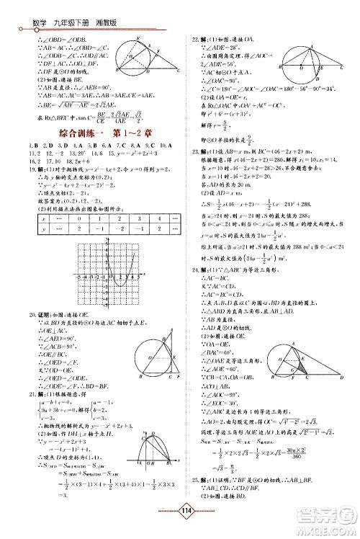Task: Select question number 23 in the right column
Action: click(194, 151)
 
